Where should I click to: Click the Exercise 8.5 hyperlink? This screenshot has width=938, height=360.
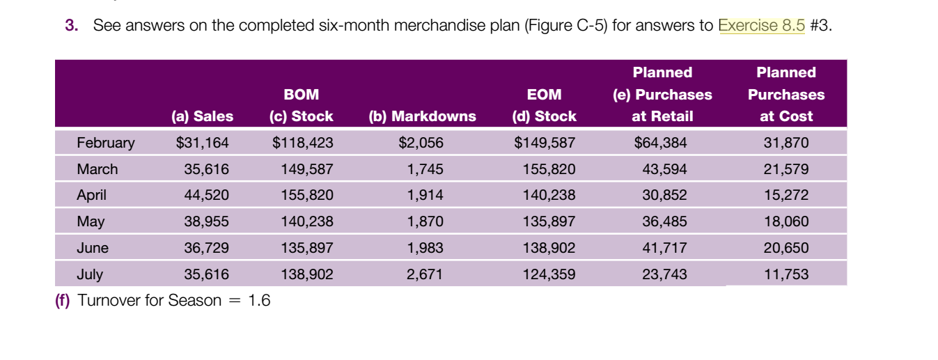click(761, 26)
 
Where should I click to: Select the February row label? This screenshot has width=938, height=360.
click(105, 143)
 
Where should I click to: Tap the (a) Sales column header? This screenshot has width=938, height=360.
click(202, 116)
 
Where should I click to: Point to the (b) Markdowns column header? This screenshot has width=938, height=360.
click(422, 116)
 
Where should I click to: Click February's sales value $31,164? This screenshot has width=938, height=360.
click(202, 143)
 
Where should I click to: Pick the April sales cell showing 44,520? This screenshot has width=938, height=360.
click(206, 196)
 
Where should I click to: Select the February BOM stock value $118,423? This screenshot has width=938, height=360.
click(302, 143)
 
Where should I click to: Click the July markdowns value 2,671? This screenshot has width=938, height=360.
click(425, 274)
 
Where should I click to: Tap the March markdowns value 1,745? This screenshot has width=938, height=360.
click(425, 169)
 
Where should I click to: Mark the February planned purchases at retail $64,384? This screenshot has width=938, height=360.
click(660, 143)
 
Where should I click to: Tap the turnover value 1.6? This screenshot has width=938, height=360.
click(259, 301)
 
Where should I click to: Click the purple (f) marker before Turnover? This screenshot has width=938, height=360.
click(63, 301)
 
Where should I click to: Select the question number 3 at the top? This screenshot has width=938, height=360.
click(70, 26)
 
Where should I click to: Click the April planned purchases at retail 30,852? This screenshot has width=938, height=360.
click(664, 196)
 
